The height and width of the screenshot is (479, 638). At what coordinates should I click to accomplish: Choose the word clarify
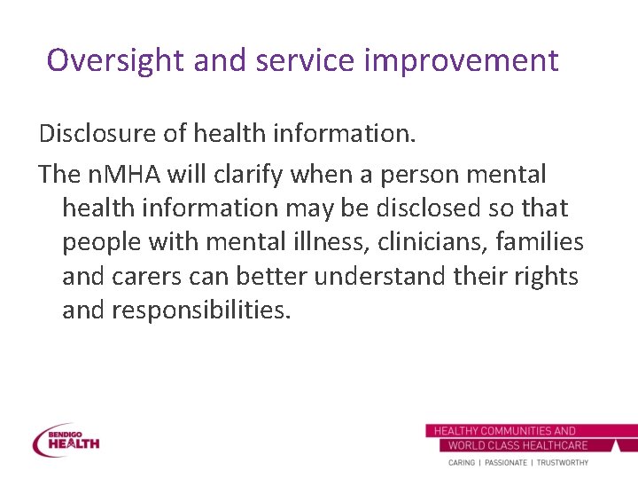(248, 174)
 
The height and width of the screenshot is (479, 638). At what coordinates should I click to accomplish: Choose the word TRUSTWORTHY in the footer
(561, 463)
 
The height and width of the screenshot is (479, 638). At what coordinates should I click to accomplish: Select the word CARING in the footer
(461, 463)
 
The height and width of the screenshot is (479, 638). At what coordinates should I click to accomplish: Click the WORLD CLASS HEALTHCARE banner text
(518, 445)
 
